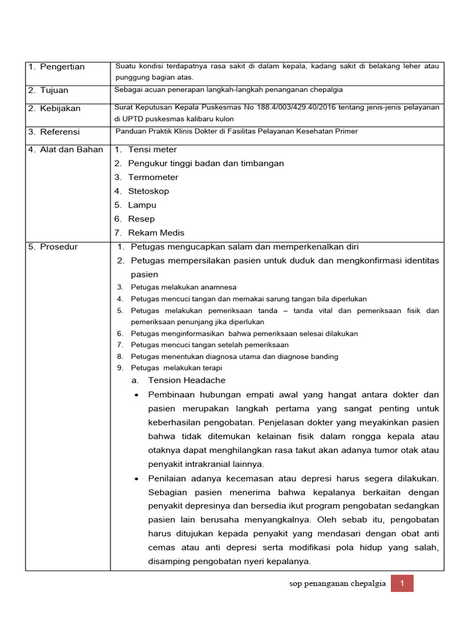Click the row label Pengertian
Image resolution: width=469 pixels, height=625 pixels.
pyautogui.click(x=62, y=67)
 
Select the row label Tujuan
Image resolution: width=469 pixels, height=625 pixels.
pyautogui.click(x=54, y=90)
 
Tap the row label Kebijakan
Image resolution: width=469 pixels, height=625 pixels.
pyautogui.click(x=60, y=108)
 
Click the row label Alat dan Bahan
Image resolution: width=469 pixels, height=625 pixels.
pyautogui.click(x=71, y=150)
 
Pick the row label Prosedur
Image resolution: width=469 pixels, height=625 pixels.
pyautogui.click(x=59, y=247)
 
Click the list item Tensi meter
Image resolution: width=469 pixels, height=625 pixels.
pyautogui.click(x=153, y=150)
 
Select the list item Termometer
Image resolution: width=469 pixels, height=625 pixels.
pyautogui.click(x=153, y=177)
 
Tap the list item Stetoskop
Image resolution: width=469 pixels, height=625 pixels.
pyautogui.click(x=148, y=191)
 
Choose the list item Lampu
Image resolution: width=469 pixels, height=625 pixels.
pyautogui.click(x=142, y=205)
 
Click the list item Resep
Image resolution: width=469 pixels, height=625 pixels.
pyautogui.click(x=142, y=219)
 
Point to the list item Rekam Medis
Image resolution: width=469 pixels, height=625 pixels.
pyautogui.click(x=156, y=233)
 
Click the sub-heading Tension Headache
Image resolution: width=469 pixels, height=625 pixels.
pyautogui.click(x=187, y=380)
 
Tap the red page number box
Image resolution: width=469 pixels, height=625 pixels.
pyautogui.click(x=402, y=583)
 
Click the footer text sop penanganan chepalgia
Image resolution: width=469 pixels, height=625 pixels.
pyautogui.click(x=337, y=583)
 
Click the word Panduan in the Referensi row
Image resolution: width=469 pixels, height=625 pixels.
pyautogui.click(x=131, y=131)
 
